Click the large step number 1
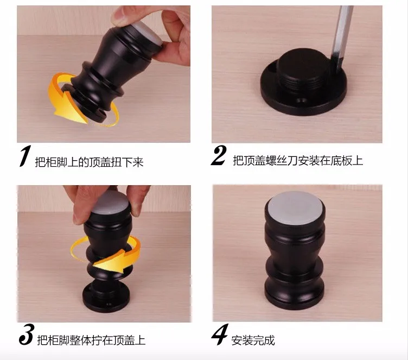[x=25, y=156]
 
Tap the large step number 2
[x=219, y=155]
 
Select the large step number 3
[x=26, y=334]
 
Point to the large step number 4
[x=220, y=334]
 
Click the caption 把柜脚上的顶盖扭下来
[x=89, y=162]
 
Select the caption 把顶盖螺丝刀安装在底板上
[x=298, y=161]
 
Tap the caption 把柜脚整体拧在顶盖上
[x=91, y=340]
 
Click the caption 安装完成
[x=253, y=340]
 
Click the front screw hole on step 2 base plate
[x=302, y=100]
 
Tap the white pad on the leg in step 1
[x=148, y=32]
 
